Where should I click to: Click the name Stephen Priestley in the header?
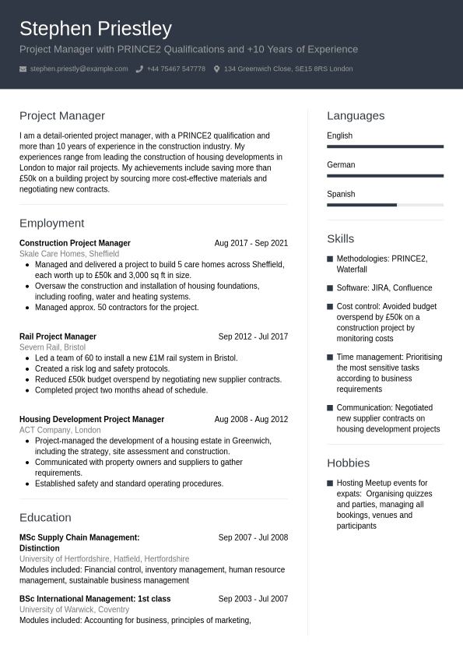click(96, 29)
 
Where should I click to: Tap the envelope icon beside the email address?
click(23, 69)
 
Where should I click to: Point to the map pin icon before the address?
click(216, 69)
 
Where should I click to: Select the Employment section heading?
click(51, 223)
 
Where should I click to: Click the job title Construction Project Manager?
click(75, 243)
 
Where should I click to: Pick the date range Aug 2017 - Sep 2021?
click(251, 243)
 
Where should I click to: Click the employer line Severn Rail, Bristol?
click(52, 347)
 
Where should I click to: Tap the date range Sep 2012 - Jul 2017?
click(253, 336)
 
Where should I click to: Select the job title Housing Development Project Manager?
click(92, 419)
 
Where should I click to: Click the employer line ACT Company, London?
click(60, 430)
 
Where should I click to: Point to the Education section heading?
click(45, 517)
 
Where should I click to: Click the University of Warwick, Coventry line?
click(74, 610)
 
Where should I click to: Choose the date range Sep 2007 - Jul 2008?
click(253, 537)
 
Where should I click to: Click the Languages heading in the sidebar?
click(356, 115)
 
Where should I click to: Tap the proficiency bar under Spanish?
click(385, 205)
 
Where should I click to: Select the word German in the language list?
click(341, 165)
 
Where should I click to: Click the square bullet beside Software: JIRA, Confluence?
click(330, 288)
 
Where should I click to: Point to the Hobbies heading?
click(348, 463)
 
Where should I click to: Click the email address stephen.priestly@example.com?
click(79, 69)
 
